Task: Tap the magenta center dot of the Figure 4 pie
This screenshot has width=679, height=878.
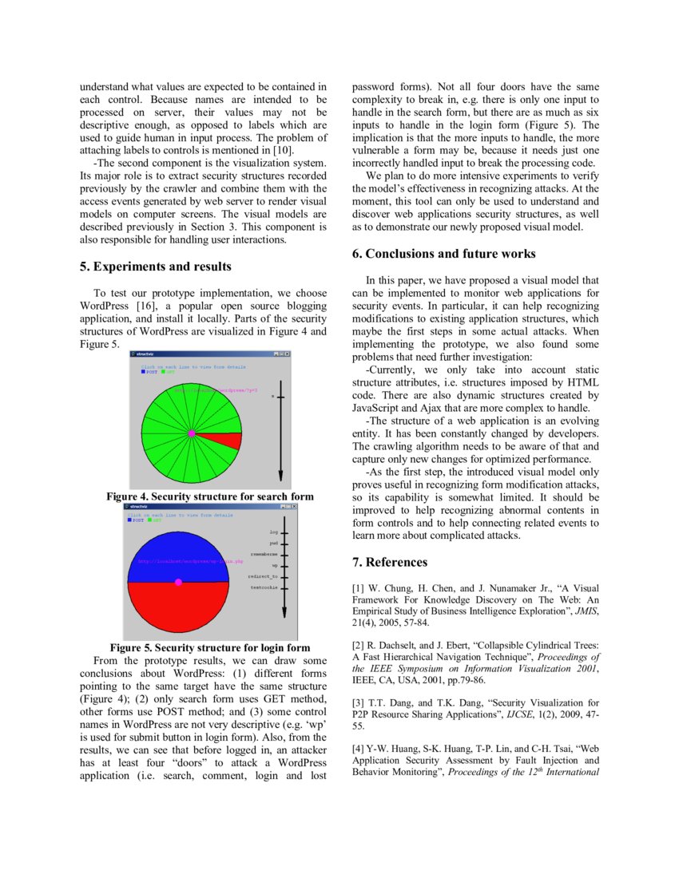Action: click(192, 433)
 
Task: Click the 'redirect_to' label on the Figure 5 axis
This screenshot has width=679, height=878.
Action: click(263, 575)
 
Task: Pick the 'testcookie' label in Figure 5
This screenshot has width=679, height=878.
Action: click(264, 587)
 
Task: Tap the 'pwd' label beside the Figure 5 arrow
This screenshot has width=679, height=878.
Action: click(273, 542)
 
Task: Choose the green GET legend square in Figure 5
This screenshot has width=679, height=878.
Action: click(150, 520)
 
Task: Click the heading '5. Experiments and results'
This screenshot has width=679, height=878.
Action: click(157, 267)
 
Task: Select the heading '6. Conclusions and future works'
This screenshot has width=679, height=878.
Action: click(444, 254)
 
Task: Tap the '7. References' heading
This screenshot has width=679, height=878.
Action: click(390, 563)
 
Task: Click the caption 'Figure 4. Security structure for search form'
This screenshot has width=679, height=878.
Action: click(210, 496)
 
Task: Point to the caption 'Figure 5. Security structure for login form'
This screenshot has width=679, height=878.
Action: click(210, 647)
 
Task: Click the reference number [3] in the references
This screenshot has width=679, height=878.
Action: click(359, 702)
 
